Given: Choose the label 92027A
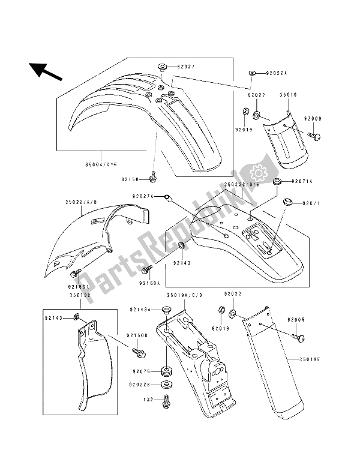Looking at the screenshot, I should (x=143, y=196).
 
